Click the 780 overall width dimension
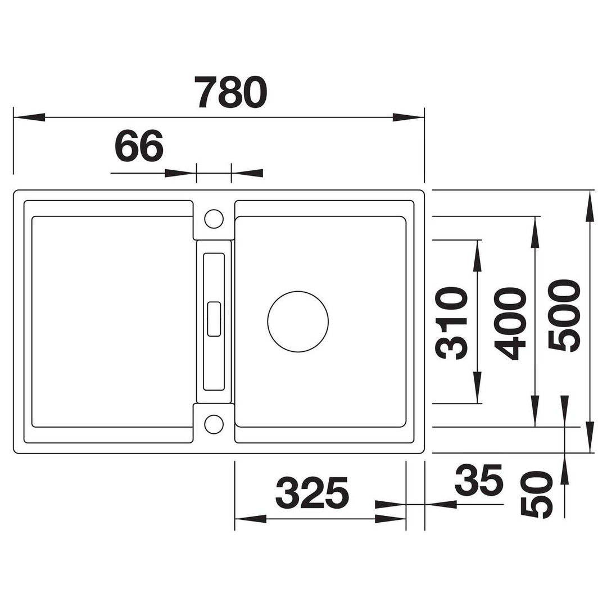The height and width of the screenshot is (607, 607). tap(231, 92)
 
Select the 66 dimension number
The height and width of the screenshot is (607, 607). tap(139, 146)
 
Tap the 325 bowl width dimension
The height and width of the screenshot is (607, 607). tap(312, 493)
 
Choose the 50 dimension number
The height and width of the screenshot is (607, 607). tap(536, 495)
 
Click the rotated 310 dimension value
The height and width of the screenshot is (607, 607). tap(451, 323)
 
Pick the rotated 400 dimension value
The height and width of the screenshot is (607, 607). tap(510, 324)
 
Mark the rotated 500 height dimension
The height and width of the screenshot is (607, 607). tap(565, 316)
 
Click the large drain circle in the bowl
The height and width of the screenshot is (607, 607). tap(298, 291)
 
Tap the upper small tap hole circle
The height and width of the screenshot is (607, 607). tap(214, 210)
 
